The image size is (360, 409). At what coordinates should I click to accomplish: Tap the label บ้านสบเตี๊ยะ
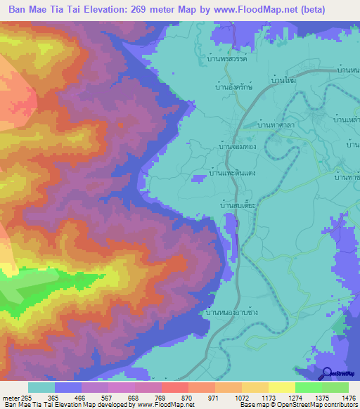[238, 205]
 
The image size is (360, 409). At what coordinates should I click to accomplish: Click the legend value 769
[162, 397]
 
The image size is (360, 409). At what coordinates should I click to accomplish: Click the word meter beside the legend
[10, 397]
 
